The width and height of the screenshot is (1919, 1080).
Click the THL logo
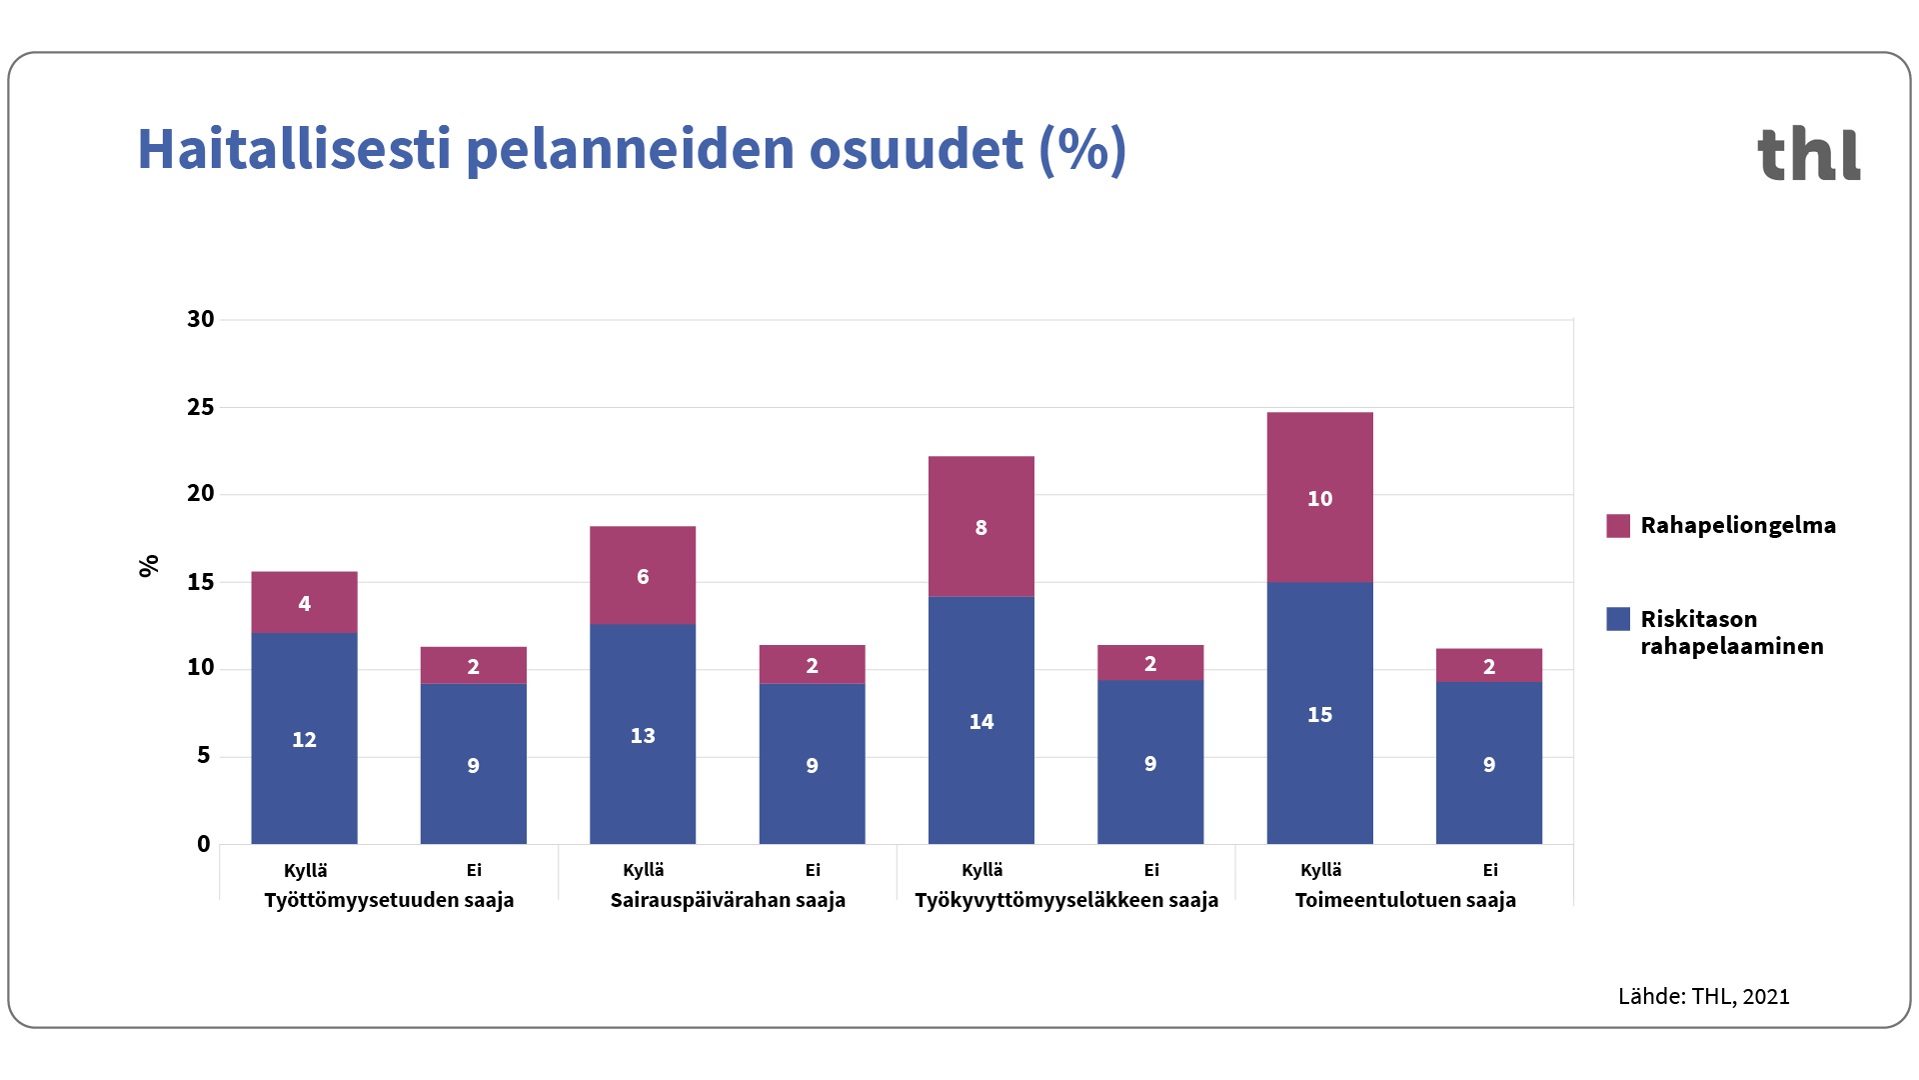1808,154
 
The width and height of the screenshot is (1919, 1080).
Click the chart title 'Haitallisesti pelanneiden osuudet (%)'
632,150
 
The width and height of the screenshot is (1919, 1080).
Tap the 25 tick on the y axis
201,407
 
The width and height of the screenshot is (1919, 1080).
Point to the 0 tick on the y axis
204,844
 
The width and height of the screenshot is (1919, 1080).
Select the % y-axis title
149,566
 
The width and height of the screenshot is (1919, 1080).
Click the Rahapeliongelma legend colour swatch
1617,526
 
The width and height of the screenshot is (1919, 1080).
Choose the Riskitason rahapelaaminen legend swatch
1617,619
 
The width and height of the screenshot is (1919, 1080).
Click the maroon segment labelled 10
1319,497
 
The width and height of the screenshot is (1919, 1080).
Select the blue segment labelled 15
1319,713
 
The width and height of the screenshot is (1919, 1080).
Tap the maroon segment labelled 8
980,526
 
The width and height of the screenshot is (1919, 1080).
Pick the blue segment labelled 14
980,720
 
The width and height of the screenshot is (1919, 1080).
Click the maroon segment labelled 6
643,575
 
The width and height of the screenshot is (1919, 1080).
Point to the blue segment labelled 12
304,738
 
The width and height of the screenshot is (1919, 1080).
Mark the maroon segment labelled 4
304,602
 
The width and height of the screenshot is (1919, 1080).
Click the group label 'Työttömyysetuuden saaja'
389,900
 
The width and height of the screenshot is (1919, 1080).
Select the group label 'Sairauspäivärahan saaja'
728,900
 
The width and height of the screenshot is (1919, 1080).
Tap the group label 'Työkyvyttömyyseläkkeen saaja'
1066,900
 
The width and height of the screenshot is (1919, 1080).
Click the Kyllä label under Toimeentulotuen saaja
1320,870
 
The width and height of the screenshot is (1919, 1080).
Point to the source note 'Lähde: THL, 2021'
1703,996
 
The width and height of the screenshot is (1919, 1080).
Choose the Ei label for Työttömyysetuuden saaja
474,870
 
